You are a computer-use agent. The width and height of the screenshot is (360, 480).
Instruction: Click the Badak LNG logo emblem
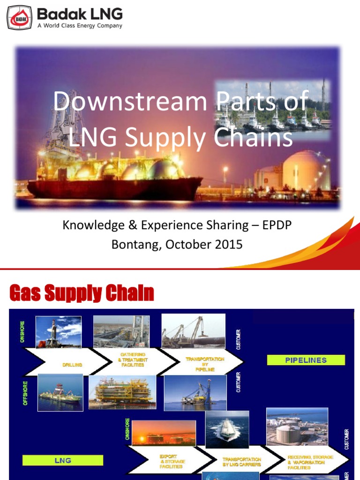(19, 18)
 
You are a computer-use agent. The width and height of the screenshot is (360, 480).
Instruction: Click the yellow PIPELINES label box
(306, 360)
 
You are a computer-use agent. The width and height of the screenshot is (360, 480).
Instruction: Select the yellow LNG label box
(62, 460)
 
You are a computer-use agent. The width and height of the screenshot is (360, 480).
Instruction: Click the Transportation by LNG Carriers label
(242, 462)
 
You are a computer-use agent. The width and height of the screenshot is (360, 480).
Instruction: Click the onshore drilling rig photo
(59, 332)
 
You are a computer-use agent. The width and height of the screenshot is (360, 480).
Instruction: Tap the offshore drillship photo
(60, 392)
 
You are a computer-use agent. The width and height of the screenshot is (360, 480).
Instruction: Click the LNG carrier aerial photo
(227, 429)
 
